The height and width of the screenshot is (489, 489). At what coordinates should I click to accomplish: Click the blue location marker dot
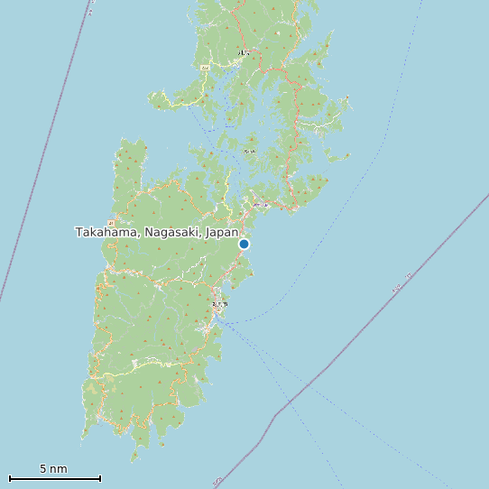(244, 244)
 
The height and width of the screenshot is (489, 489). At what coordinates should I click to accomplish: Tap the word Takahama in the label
(106, 233)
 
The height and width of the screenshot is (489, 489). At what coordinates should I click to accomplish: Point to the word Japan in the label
(222, 233)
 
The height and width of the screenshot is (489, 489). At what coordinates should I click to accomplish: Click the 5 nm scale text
(53, 468)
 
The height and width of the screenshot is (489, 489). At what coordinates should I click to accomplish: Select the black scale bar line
(54, 478)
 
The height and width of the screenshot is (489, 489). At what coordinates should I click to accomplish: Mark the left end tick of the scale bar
(10, 478)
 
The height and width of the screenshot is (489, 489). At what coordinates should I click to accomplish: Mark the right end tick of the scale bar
(100, 478)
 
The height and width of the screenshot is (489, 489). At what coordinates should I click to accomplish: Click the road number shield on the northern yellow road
(205, 68)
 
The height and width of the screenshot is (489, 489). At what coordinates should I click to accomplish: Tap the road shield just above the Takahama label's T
(111, 222)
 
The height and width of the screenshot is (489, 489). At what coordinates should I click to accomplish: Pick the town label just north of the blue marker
(260, 205)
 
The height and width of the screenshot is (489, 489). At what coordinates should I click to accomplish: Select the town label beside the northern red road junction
(244, 53)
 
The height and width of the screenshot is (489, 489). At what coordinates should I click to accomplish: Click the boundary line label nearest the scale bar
(217, 481)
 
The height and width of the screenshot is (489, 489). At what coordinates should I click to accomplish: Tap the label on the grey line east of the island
(396, 289)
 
